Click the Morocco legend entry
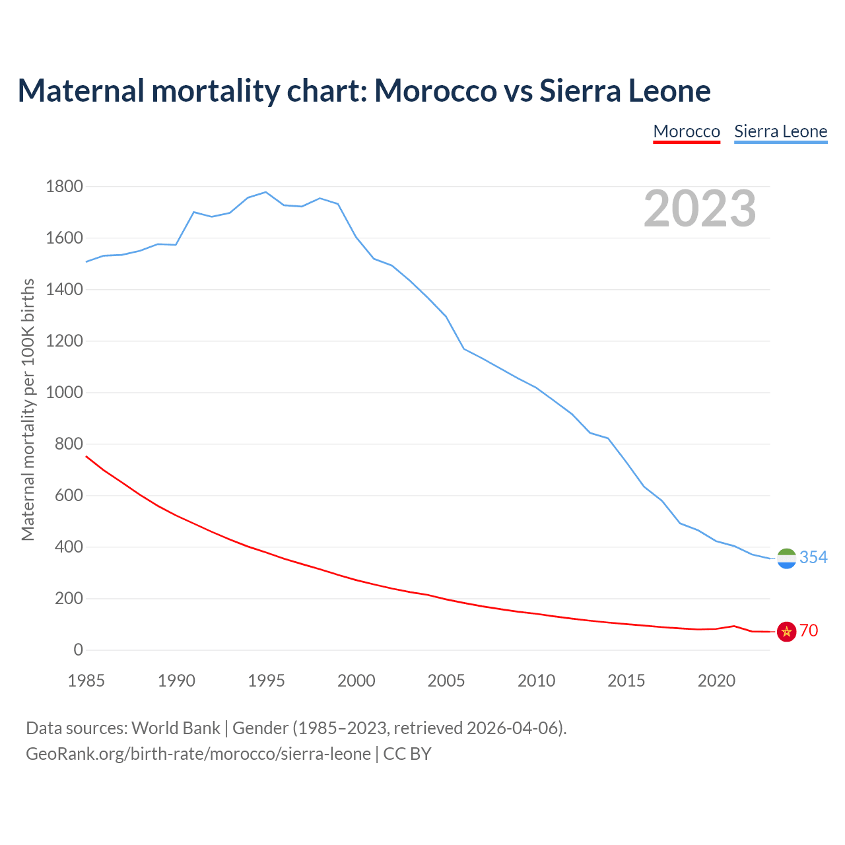687,131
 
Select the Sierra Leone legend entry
780,131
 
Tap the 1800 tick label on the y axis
64,186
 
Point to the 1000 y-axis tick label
64,392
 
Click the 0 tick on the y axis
79,650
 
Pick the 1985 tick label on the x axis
86,681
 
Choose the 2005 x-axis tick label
446,681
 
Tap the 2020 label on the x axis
716,681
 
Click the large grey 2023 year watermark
700,209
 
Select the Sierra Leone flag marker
786,558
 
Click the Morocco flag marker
786,632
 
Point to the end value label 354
813,557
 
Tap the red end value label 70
809,630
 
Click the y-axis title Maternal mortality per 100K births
28,409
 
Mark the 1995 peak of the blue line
265,192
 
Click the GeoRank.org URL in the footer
198,753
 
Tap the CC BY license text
407,753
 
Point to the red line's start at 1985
86,456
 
